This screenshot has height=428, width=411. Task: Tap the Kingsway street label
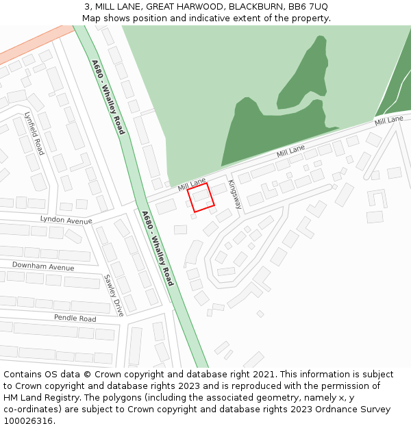pos(235,194)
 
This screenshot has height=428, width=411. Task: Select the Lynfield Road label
pos(34,134)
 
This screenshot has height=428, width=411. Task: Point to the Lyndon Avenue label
pos(66,221)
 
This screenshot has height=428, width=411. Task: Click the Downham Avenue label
pos(43,266)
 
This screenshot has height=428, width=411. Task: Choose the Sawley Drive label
pos(113,295)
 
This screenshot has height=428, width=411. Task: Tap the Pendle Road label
pos(75,318)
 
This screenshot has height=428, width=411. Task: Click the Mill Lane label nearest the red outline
pos(192,184)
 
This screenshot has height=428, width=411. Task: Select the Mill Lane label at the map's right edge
pos(388,121)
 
